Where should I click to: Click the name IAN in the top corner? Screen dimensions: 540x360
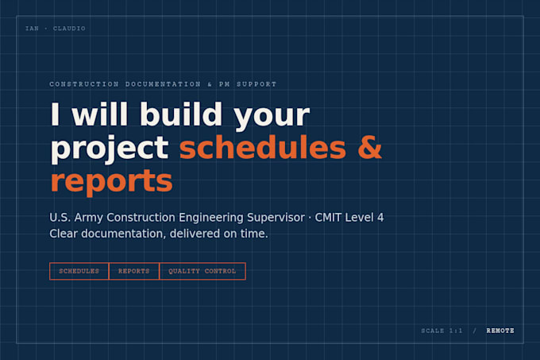click(x=32, y=29)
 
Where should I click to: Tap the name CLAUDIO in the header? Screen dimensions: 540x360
click(x=69, y=29)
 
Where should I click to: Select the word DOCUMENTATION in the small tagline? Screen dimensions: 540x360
click(x=163, y=84)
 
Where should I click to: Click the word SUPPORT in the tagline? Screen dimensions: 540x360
click(x=256, y=84)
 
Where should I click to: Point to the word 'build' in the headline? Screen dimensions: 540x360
click(x=181, y=114)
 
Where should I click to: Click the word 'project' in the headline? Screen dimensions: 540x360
click(x=110, y=149)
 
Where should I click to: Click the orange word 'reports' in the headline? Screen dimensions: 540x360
click(x=111, y=181)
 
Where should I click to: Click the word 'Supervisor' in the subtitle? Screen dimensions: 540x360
click(x=276, y=218)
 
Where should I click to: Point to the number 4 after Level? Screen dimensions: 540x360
click(x=380, y=218)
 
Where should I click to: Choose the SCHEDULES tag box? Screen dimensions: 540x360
click(x=79, y=271)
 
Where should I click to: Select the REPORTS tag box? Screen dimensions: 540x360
click(x=134, y=271)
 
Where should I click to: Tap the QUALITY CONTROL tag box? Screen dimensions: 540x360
click(x=202, y=271)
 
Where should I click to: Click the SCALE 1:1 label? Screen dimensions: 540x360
click(x=442, y=331)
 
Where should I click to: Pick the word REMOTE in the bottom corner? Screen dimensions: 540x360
click(x=500, y=331)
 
